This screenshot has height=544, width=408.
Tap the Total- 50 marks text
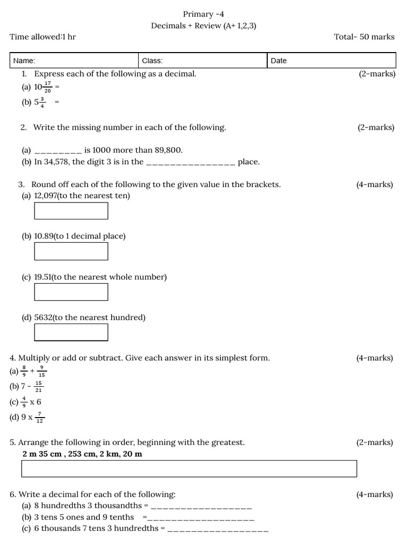click(x=364, y=37)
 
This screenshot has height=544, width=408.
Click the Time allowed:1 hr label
click(x=42, y=37)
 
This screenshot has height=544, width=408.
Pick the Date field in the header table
click(x=331, y=61)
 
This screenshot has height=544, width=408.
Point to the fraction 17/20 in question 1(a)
click(x=48, y=87)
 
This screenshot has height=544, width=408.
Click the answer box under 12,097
click(x=71, y=211)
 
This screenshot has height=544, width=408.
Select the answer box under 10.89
click(x=71, y=251)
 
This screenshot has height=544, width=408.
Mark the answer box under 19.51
click(x=71, y=292)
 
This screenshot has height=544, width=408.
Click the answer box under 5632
click(x=71, y=332)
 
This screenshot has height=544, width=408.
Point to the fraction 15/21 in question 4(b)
click(x=38, y=386)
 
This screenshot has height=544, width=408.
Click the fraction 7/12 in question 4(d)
click(x=40, y=418)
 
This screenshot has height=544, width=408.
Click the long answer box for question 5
click(x=189, y=469)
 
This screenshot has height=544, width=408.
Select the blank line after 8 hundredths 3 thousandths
click(x=201, y=506)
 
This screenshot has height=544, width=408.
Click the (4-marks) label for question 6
click(x=375, y=495)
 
